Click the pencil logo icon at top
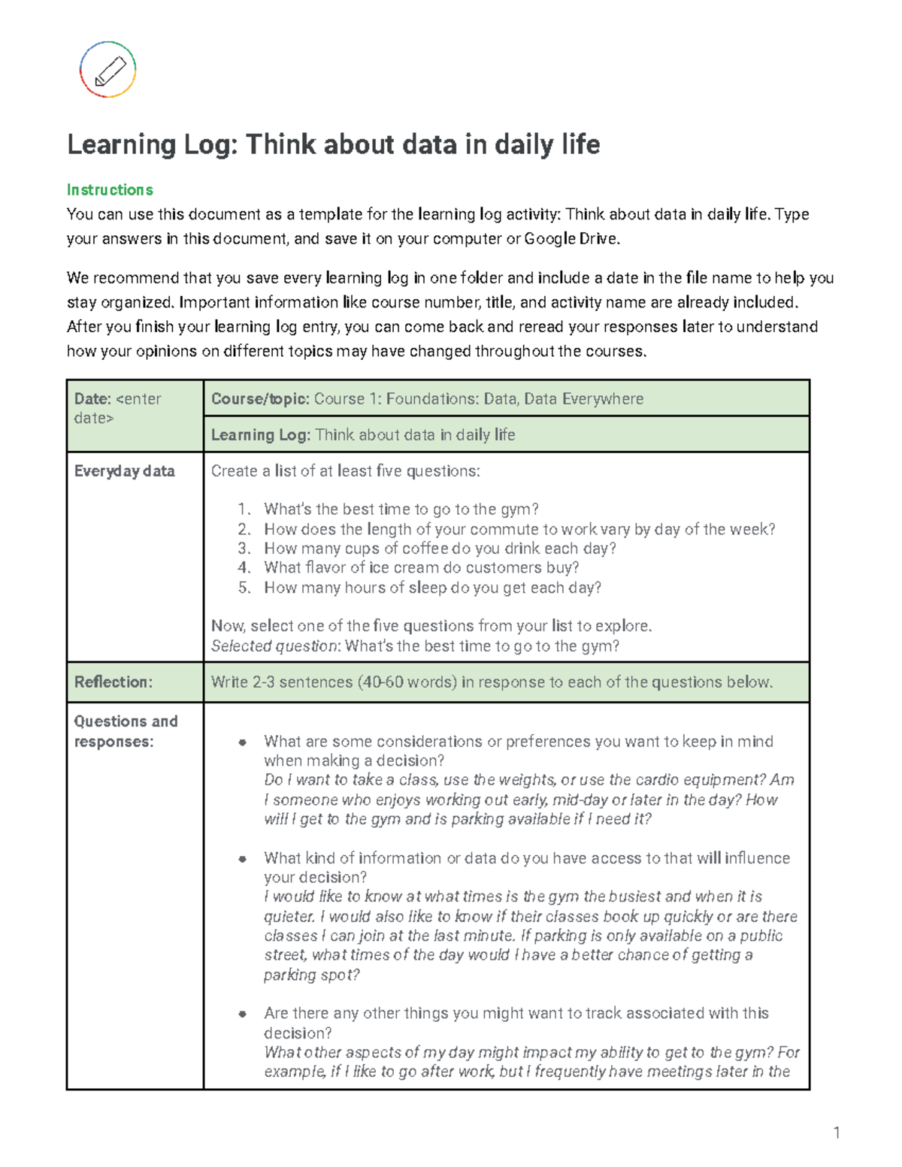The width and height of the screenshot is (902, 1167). pyautogui.click(x=108, y=70)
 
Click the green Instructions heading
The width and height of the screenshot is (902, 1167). pyautogui.click(x=110, y=190)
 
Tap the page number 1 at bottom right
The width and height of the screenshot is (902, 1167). pyautogui.click(x=836, y=1133)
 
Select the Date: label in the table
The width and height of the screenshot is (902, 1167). pyautogui.click(x=92, y=399)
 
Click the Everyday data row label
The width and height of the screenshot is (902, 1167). pyautogui.click(x=124, y=471)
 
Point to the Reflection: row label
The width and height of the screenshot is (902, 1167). pyautogui.click(x=113, y=682)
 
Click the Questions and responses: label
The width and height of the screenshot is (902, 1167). pyautogui.click(x=126, y=731)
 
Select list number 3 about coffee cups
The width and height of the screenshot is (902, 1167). pyautogui.click(x=244, y=549)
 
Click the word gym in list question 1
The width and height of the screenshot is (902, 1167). pyautogui.click(x=515, y=509)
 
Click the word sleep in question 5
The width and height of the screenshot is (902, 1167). pyautogui.click(x=428, y=588)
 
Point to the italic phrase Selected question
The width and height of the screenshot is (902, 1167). pyautogui.click(x=275, y=646)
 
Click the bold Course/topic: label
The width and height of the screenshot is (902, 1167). pyautogui.click(x=260, y=399)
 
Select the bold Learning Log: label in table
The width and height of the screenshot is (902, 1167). pyautogui.click(x=260, y=435)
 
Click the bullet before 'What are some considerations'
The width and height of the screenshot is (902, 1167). pyautogui.click(x=242, y=742)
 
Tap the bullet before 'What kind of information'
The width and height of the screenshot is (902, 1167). pyautogui.click(x=242, y=859)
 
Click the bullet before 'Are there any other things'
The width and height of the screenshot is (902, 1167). pyautogui.click(x=242, y=1014)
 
